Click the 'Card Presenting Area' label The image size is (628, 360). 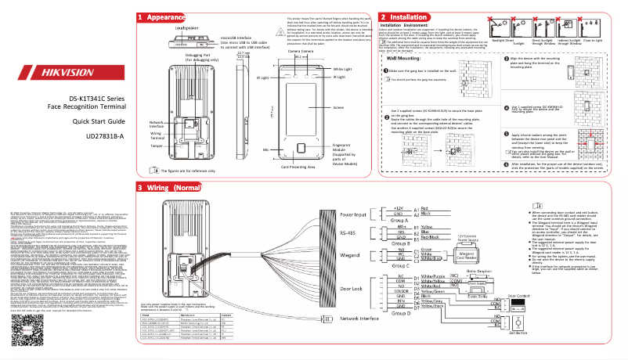coord(281,166)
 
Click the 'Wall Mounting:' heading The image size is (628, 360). coord(406,57)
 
